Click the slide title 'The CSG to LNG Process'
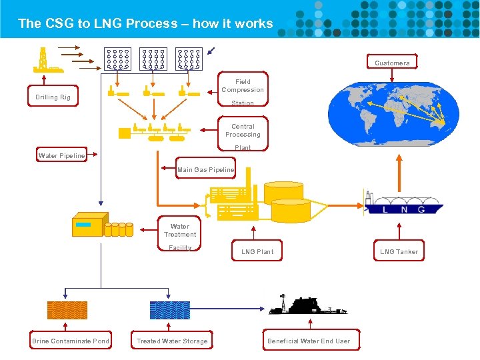tap(145, 23)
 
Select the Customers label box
tap(392, 63)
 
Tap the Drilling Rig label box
tap(53, 97)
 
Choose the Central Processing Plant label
tap(243, 135)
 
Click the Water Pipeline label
tap(62, 156)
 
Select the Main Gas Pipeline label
tap(205, 170)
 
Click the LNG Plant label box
tap(257, 251)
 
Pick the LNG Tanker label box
tap(399, 251)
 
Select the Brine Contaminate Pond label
tap(71, 341)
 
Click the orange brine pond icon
tap(67, 311)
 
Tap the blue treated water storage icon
tap(170, 311)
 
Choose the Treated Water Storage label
tap(172, 341)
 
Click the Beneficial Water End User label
tap(309, 341)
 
